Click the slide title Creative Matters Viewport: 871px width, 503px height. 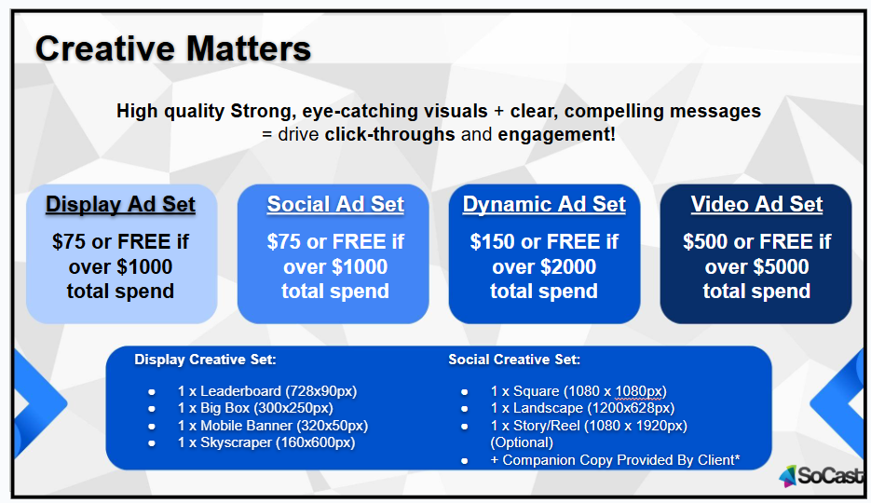pos(172,48)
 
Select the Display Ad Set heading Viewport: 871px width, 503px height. pos(120,204)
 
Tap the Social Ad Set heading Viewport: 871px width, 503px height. pos(335,204)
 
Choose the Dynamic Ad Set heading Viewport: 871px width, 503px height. pos(544,204)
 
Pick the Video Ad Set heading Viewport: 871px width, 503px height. pos(756,204)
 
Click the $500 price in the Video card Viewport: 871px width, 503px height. pos(705,241)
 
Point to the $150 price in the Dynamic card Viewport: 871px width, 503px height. pos(492,241)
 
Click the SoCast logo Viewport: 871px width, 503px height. pos(822,476)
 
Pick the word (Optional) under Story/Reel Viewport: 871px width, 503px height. pos(522,442)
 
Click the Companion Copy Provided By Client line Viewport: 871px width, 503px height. pos(615,460)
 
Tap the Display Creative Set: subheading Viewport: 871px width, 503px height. pos(205,360)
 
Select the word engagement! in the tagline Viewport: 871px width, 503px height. pos(556,134)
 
